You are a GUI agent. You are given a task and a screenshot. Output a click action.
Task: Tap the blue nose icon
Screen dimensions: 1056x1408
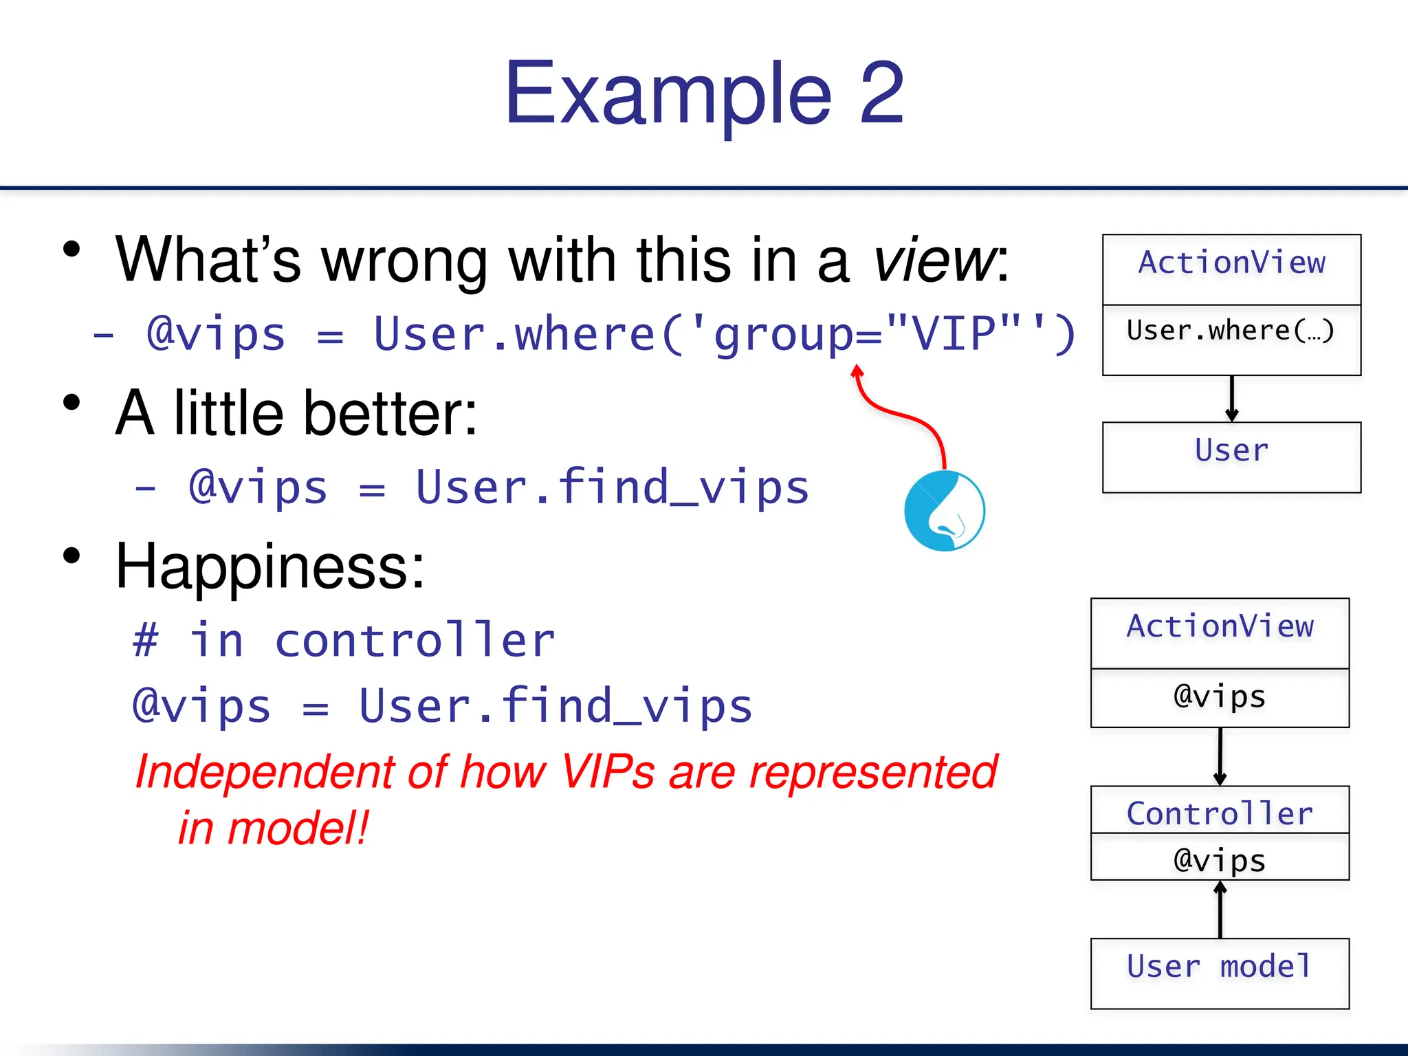(945, 511)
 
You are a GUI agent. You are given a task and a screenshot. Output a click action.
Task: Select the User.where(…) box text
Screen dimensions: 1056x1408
(1231, 331)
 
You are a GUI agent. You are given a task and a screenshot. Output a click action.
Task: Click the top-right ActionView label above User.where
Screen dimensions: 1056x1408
(1231, 263)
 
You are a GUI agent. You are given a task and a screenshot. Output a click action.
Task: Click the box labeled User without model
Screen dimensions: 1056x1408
(1231, 456)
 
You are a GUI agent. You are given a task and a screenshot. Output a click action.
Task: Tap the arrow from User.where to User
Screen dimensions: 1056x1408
(1232, 399)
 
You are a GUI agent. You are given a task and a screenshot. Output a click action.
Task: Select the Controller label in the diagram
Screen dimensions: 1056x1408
(1220, 813)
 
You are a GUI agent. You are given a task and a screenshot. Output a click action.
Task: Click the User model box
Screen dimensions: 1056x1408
(1220, 972)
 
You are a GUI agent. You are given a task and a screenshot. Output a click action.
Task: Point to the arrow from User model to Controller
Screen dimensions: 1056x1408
(1220, 910)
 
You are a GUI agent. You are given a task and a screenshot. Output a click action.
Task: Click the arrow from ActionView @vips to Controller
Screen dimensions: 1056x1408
(1220, 756)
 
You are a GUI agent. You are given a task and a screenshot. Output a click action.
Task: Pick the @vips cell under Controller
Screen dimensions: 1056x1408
(1220, 859)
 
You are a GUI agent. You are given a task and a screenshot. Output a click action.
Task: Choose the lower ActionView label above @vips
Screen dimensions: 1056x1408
(1220, 627)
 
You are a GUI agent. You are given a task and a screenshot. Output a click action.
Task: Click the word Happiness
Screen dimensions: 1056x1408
(270, 567)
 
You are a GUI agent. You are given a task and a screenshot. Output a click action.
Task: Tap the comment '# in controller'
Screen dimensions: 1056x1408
(344, 641)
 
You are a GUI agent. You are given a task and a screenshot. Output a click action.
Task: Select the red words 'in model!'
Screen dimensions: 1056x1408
(274, 828)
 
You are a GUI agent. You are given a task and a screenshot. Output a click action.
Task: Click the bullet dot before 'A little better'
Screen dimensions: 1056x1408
(71, 402)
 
